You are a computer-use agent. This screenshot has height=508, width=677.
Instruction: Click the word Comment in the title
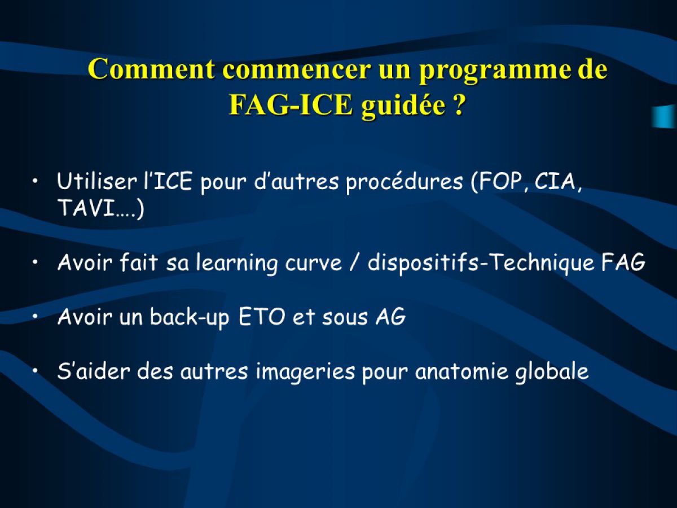coord(151,68)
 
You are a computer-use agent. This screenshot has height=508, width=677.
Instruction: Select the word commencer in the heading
coord(296,69)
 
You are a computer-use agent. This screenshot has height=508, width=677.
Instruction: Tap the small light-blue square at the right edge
coord(665,116)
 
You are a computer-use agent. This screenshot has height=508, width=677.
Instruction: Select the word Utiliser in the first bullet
coord(97,181)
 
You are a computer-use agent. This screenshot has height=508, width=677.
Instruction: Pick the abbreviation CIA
coord(555,182)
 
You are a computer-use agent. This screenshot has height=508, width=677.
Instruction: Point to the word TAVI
coord(85,208)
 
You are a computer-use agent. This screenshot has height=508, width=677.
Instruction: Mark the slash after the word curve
coord(355,263)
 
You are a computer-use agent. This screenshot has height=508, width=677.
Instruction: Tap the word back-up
coord(190,318)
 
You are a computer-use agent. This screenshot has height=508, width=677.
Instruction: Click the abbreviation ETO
coord(262,317)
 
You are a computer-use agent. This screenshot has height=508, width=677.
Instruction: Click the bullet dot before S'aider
coord(36,370)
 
